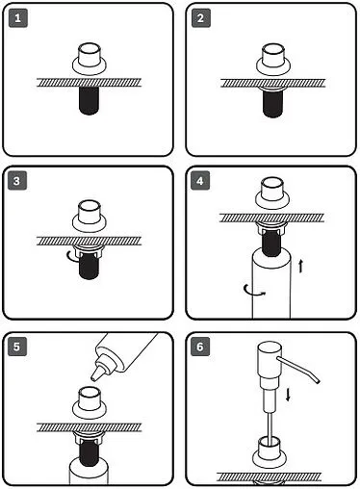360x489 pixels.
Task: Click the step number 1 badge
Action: (x=18, y=18)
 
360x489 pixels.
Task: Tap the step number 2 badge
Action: (x=201, y=18)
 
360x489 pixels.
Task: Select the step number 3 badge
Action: (x=17, y=181)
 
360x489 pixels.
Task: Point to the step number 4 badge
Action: (x=200, y=181)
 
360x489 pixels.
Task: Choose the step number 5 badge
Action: (x=17, y=347)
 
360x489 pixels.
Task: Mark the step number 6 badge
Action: (x=200, y=347)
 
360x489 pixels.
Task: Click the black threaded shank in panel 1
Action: (x=89, y=100)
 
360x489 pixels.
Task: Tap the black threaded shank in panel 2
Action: (x=272, y=103)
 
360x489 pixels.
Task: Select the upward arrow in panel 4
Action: (x=300, y=266)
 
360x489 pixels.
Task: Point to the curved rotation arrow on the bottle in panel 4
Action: (x=253, y=291)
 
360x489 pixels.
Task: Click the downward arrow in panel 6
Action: (x=288, y=395)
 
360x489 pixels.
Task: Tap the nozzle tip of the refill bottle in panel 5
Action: (x=94, y=376)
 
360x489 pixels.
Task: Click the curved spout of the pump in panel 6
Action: (x=298, y=369)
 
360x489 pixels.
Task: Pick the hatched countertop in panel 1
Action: (x=89, y=83)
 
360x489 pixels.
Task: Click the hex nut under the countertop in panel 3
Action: (x=89, y=250)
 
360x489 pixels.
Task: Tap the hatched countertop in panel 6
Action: (x=269, y=476)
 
